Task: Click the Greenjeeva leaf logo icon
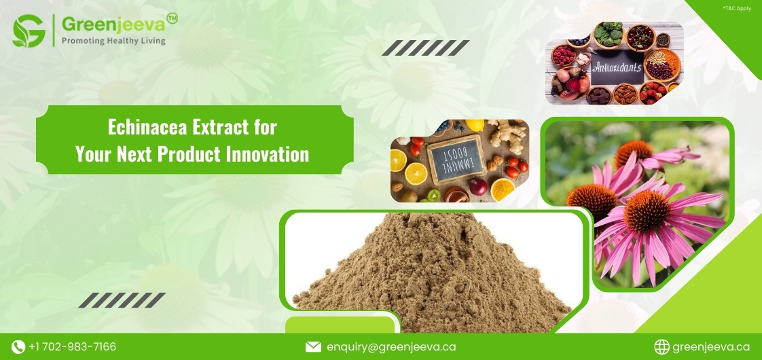(x=29, y=31)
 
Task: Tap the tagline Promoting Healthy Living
(x=113, y=41)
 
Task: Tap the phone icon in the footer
(x=18, y=347)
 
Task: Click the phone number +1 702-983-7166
(x=72, y=347)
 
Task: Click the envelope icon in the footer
(x=313, y=347)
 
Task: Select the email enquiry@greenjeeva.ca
(x=391, y=347)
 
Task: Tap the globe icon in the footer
(x=661, y=347)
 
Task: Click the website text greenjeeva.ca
(x=711, y=347)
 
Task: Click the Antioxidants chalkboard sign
(x=617, y=69)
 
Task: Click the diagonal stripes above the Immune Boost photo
(x=425, y=48)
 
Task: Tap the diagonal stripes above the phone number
(x=122, y=300)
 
